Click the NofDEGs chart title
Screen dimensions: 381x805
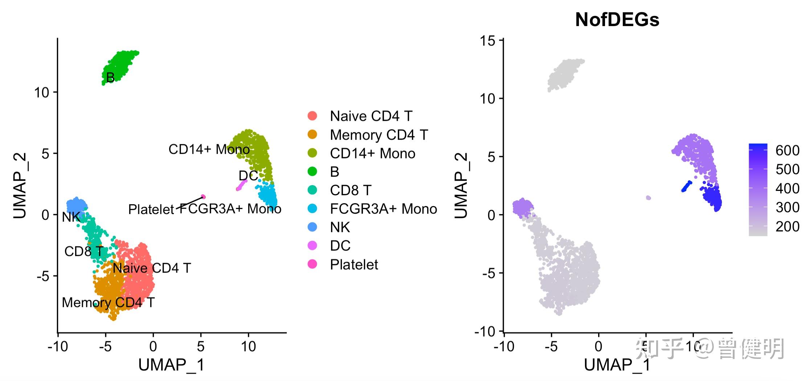[x=617, y=20]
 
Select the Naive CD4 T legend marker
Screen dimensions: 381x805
[x=312, y=116]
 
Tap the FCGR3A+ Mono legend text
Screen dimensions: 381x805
[x=383, y=209]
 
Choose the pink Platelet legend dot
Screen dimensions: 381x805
[x=312, y=264]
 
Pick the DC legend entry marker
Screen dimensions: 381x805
[x=312, y=246]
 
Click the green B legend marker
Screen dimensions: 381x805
[x=312, y=171]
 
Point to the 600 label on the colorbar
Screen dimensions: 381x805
[x=787, y=150]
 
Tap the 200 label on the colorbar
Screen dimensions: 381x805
[x=787, y=226]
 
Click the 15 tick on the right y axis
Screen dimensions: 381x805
[x=487, y=41]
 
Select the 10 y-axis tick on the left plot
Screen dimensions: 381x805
[x=41, y=93]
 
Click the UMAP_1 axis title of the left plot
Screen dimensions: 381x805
[x=171, y=365]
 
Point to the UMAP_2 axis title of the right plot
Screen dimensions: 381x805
[x=461, y=185]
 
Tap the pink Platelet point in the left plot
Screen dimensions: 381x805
[x=204, y=197]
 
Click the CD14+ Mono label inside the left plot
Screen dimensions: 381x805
[x=209, y=149]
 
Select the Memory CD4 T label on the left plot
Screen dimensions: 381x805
[x=108, y=302]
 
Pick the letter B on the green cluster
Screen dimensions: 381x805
[x=110, y=77]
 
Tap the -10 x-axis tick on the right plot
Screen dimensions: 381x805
[x=504, y=347]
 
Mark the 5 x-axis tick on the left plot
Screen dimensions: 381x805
[x=201, y=347]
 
